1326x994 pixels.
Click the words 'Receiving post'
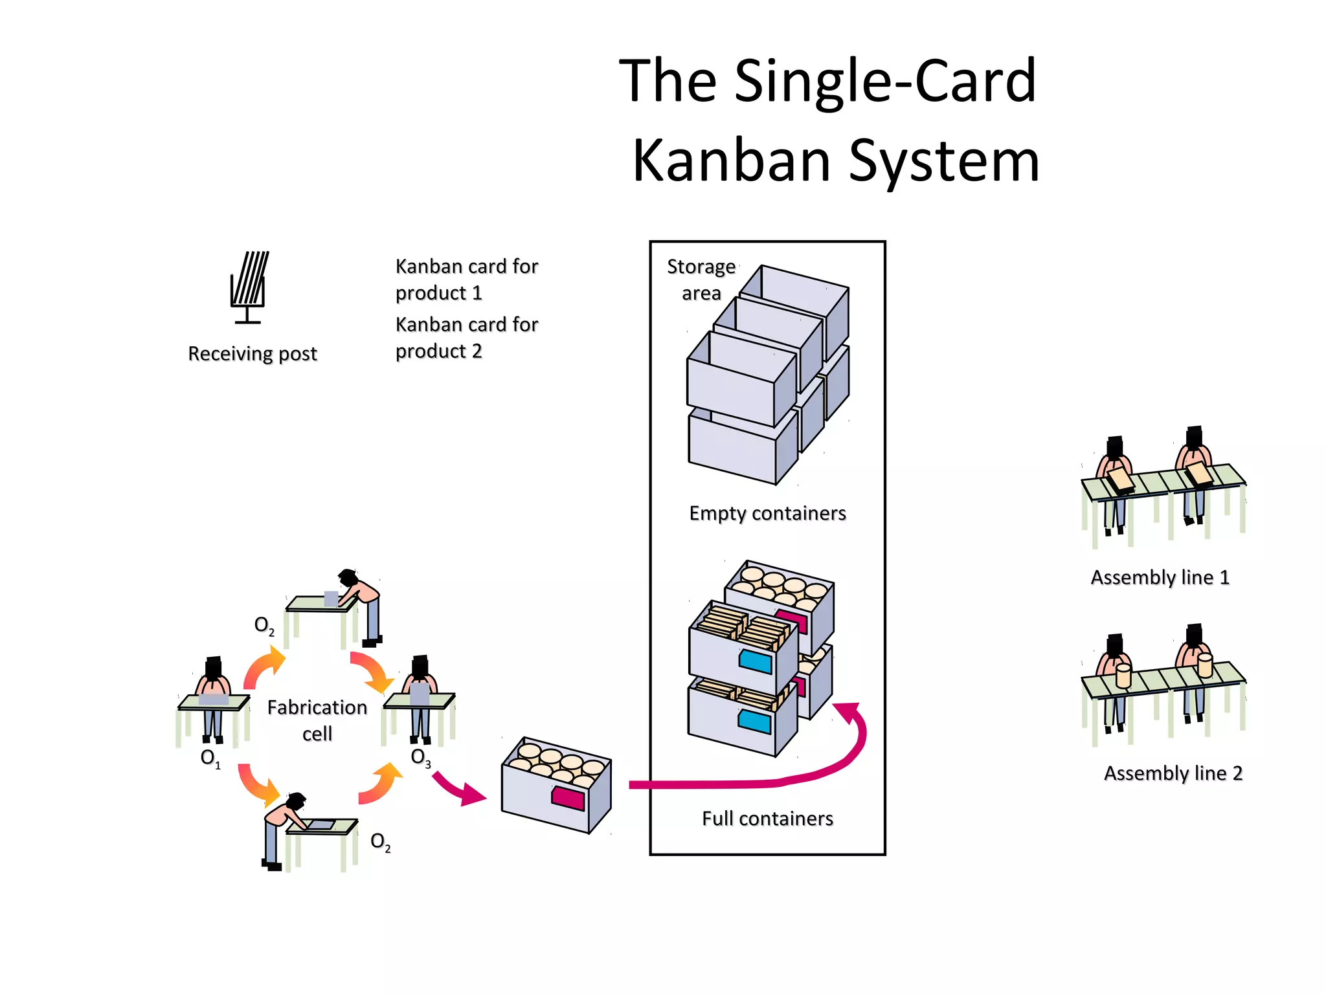tap(253, 354)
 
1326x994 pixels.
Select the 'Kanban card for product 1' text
tap(466, 280)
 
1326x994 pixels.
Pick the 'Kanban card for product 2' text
tap(466, 338)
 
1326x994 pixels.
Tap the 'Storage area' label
tap(701, 280)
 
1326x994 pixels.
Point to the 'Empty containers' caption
tap(767, 513)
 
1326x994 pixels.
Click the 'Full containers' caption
tap(767, 819)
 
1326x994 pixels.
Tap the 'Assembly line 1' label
tap(1160, 577)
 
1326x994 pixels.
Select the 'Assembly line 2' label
tap(1173, 773)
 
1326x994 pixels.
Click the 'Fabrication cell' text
tap(317, 720)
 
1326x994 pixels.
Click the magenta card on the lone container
tap(568, 799)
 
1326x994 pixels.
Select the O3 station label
tap(420, 757)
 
